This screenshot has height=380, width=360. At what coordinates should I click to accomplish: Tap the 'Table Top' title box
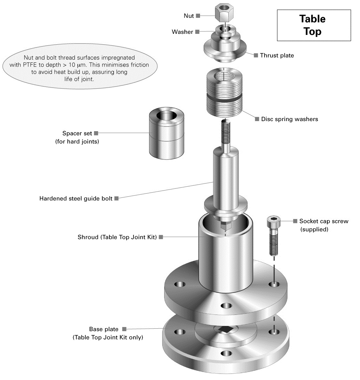click(x=314, y=25)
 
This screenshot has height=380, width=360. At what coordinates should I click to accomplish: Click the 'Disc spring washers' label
click(x=290, y=119)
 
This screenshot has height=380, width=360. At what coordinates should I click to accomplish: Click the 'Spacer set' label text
click(x=77, y=133)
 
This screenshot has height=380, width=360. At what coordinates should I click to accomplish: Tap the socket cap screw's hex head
click(x=273, y=221)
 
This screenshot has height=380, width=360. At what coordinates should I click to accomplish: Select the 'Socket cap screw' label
click(x=323, y=221)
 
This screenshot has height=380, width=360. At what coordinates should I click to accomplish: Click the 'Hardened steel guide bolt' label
click(x=76, y=199)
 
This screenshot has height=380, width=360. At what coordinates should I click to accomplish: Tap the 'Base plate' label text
click(x=104, y=329)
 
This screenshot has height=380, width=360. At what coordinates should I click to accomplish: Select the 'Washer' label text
click(x=182, y=32)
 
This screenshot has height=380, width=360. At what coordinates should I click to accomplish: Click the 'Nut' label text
click(x=189, y=16)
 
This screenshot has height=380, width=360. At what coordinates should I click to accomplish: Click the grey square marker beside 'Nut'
click(x=198, y=16)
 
